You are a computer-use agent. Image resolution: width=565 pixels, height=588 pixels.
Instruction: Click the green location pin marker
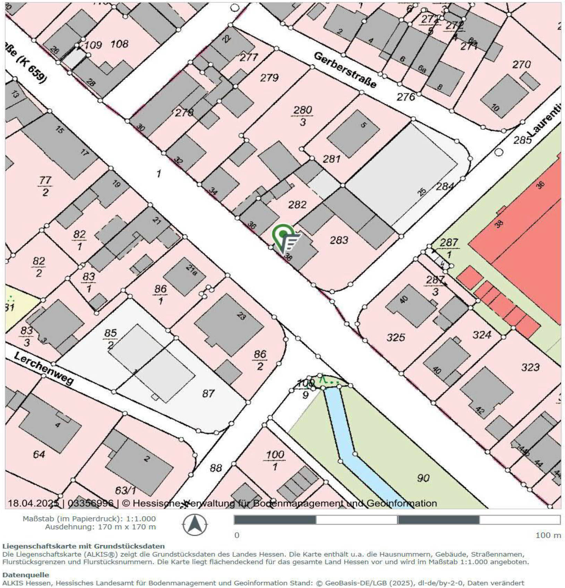click(283, 234)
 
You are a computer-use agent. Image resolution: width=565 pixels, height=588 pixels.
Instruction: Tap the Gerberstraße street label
click(345, 70)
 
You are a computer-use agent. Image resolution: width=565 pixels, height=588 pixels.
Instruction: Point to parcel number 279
click(269, 77)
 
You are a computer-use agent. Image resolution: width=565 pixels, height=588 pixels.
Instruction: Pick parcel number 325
click(396, 337)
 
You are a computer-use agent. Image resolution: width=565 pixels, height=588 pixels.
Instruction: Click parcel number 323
click(530, 367)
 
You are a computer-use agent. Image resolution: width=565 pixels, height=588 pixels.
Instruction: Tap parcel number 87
click(208, 394)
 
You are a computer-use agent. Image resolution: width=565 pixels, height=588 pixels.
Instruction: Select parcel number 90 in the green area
click(423, 478)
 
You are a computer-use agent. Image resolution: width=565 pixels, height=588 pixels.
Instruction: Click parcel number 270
click(521, 64)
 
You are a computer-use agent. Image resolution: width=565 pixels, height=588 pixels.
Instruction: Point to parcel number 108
click(119, 44)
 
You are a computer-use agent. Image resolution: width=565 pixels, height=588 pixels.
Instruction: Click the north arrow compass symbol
click(195, 525)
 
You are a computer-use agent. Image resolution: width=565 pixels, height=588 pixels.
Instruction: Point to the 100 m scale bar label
click(548, 535)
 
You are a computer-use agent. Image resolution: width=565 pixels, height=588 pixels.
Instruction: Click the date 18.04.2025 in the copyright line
click(34, 503)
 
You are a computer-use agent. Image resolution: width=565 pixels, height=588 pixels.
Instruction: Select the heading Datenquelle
click(26, 574)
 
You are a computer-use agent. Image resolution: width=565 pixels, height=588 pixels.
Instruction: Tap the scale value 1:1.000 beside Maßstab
click(140, 519)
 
